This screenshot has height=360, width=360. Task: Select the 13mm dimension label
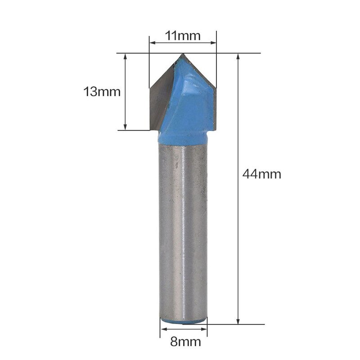coord(102,92)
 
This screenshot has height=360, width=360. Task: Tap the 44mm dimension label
coord(261,174)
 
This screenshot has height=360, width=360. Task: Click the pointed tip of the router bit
coord(182,55)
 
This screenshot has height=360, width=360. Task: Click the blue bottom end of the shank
coord(184,321)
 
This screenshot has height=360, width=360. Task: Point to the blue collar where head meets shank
coord(184,137)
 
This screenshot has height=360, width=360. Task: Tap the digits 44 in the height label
coord(250,174)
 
